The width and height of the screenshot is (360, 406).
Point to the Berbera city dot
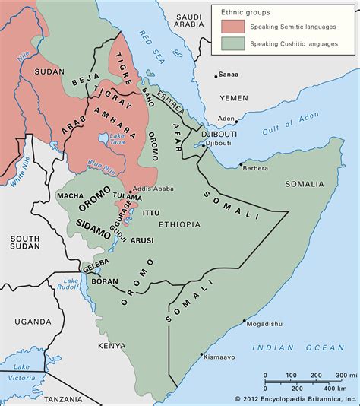[241, 164]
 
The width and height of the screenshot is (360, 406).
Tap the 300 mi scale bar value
[343, 374]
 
